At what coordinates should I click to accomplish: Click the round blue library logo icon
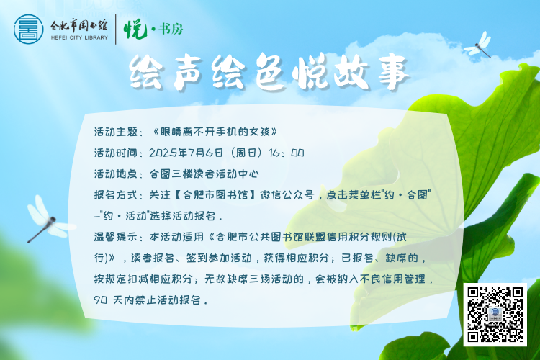click(x=29, y=30)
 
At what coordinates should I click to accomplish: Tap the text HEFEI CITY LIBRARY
click(x=79, y=38)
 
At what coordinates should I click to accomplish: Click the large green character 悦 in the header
click(x=135, y=29)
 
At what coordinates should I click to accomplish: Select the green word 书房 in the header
click(x=171, y=29)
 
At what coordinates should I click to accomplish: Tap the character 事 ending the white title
click(x=393, y=73)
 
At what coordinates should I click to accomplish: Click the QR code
click(x=495, y=315)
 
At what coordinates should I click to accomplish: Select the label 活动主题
click(x=116, y=132)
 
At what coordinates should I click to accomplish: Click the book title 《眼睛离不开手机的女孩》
click(x=215, y=132)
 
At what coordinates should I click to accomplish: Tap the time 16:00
click(x=286, y=153)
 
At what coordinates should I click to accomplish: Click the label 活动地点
click(x=116, y=174)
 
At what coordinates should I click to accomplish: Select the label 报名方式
click(x=116, y=195)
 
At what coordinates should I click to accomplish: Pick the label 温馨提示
click(x=116, y=237)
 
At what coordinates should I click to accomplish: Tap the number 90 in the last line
click(x=100, y=300)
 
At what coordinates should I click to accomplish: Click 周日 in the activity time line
click(x=246, y=153)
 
